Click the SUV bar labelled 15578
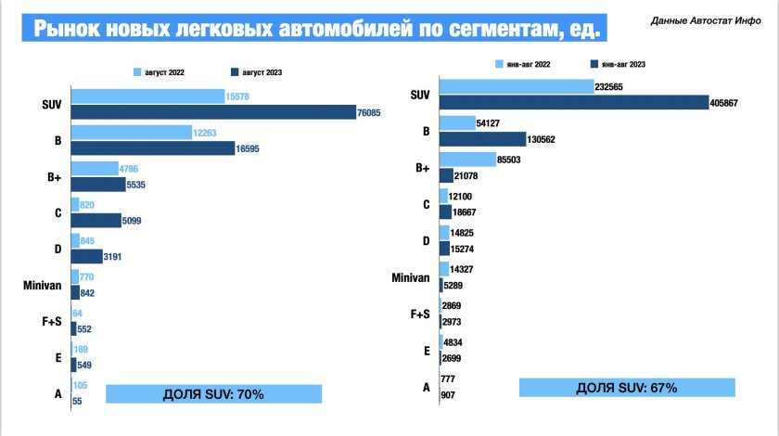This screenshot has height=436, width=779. point(147,96)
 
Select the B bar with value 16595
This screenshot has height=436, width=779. point(152,147)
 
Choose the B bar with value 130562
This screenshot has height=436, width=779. point(482,138)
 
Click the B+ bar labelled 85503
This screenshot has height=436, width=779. point(467,160)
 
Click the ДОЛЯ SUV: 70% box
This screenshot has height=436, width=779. point(213,393)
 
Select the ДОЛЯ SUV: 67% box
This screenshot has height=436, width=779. point(627,387)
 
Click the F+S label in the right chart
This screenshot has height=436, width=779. point(419,314)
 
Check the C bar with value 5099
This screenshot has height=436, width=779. point(95,220)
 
